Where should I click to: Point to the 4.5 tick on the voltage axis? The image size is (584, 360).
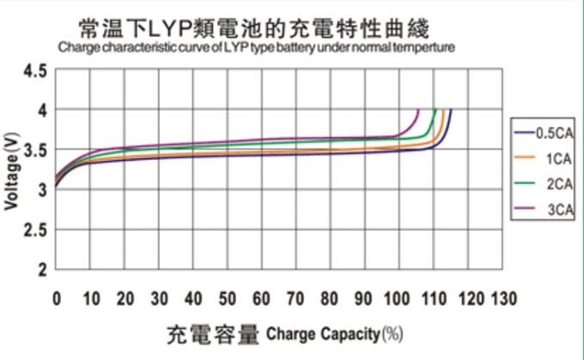[35, 70]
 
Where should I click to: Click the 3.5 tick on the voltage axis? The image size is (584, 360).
[35, 150]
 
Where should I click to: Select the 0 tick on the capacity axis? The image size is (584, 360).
[56, 299]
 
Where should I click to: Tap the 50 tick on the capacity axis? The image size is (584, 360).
[227, 299]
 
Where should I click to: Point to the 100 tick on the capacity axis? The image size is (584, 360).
[398, 299]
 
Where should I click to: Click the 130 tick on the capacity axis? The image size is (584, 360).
[502, 299]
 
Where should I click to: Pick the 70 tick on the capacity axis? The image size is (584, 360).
[295, 299]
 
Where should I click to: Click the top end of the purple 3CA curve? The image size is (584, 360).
[417, 110]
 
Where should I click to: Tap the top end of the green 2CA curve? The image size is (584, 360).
[435, 110]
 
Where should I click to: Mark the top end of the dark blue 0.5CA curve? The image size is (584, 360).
[451, 110]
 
